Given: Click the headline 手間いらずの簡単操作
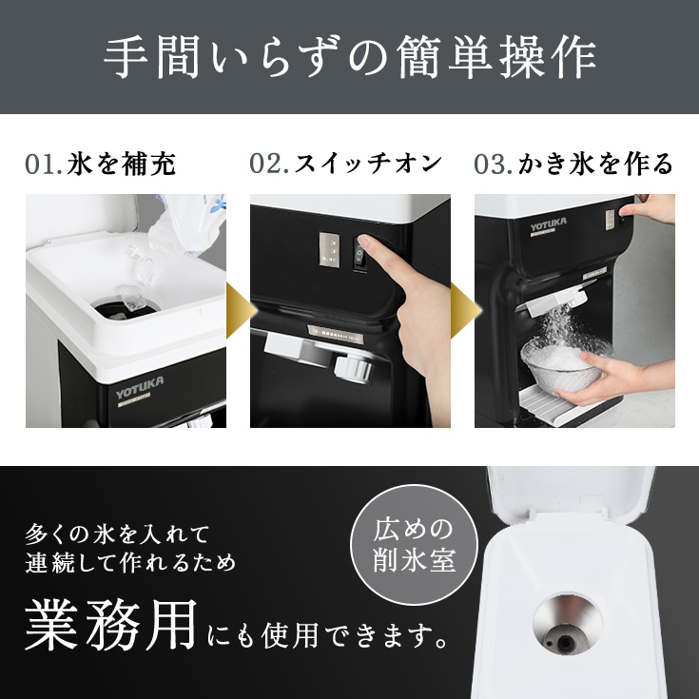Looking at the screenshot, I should pyautogui.click(x=349, y=58).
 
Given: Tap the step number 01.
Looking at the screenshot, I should pyautogui.click(x=43, y=164).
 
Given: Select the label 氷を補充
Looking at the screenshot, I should pyautogui.click(x=121, y=164).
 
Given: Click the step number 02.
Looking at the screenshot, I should pyautogui.click(x=269, y=164).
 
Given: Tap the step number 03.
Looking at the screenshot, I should pyautogui.click(x=494, y=164).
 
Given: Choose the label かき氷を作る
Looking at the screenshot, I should pyautogui.click(x=595, y=164).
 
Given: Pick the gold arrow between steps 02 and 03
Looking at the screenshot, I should pyautogui.click(x=462, y=310).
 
